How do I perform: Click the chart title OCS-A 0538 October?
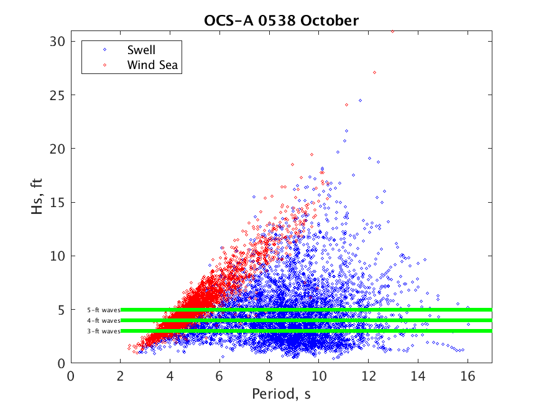[x=281, y=21]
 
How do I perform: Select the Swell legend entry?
[x=141, y=50]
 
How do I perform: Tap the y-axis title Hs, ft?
[x=39, y=196]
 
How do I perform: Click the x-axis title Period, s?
[x=281, y=394]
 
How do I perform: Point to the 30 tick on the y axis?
[x=58, y=41]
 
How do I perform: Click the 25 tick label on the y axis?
[x=58, y=95]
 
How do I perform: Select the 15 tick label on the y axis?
[x=58, y=202]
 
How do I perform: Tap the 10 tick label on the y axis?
[x=58, y=256]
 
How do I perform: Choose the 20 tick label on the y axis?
[x=58, y=149]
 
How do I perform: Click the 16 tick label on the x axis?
[x=467, y=376]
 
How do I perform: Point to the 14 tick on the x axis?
[x=418, y=376]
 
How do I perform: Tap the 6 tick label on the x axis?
[x=219, y=376]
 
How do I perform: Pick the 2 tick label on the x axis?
[x=121, y=376]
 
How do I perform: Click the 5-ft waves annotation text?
[x=103, y=310]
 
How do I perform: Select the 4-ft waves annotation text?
[x=103, y=320]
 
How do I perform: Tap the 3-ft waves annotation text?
[x=103, y=331]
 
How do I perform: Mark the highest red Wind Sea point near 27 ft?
[x=374, y=72]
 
